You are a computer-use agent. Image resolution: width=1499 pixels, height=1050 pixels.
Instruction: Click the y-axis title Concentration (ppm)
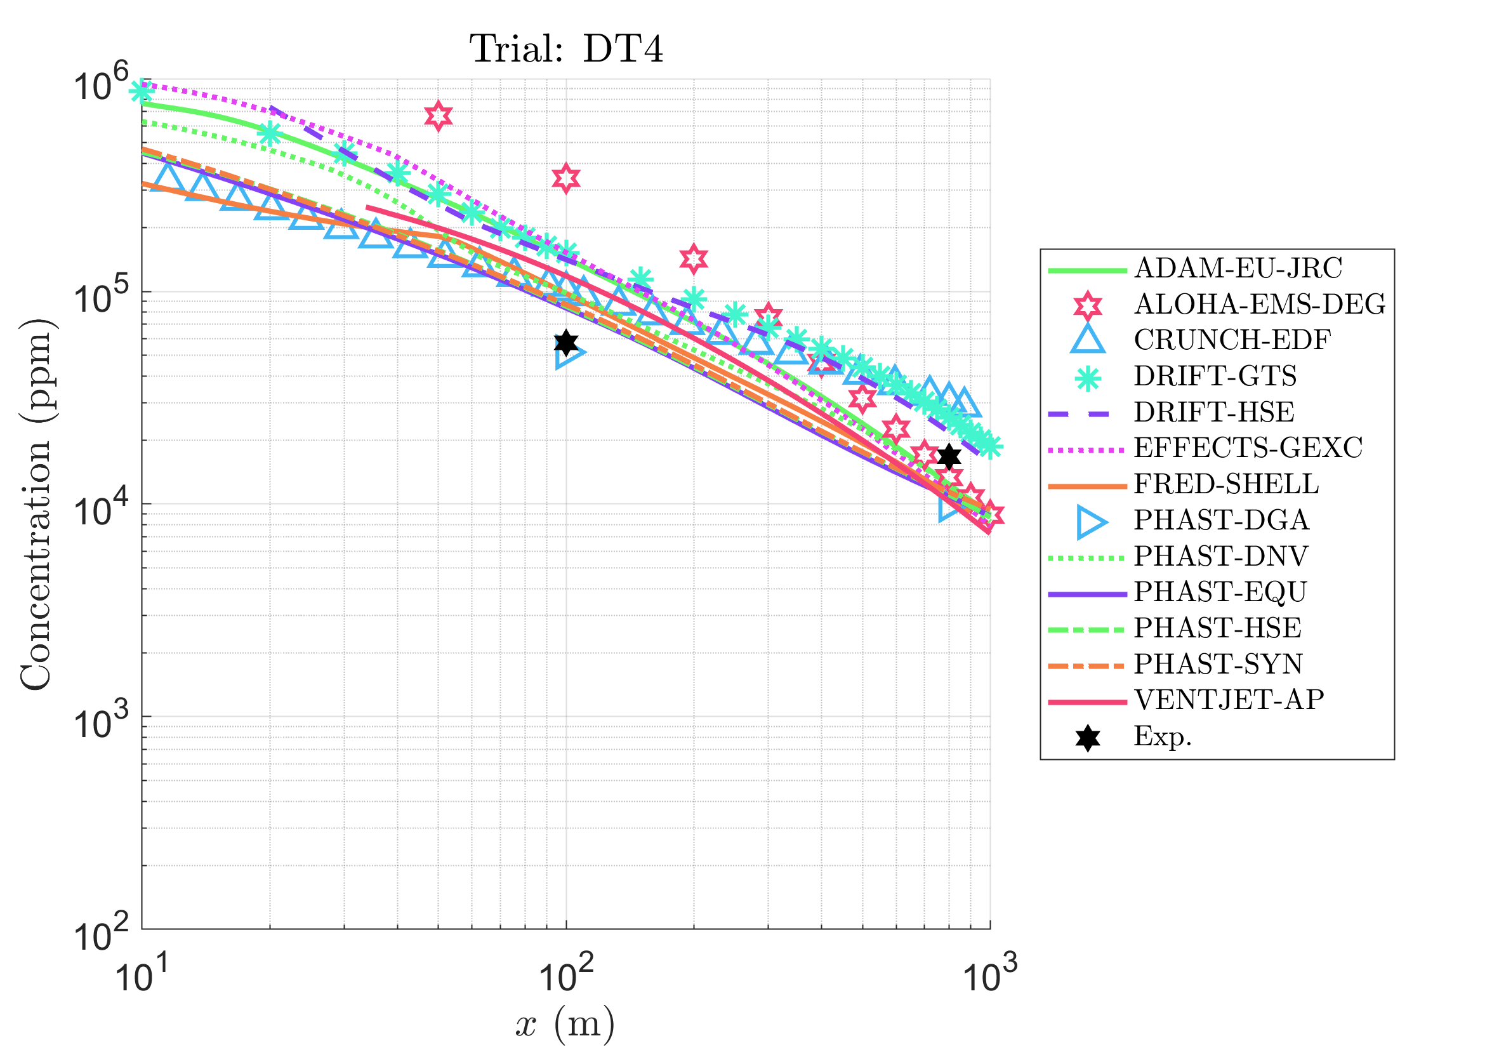(x=37, y=504)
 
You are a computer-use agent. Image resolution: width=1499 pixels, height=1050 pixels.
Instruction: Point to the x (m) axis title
(x=565, y=1024)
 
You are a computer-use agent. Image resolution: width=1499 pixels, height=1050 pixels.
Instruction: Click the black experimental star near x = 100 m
(x=566, y=342)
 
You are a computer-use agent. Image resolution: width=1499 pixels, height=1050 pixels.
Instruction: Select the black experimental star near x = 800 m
(x=949, y=456)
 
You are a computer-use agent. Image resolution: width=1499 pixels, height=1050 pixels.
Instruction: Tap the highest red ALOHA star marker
(x=438, y=116)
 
